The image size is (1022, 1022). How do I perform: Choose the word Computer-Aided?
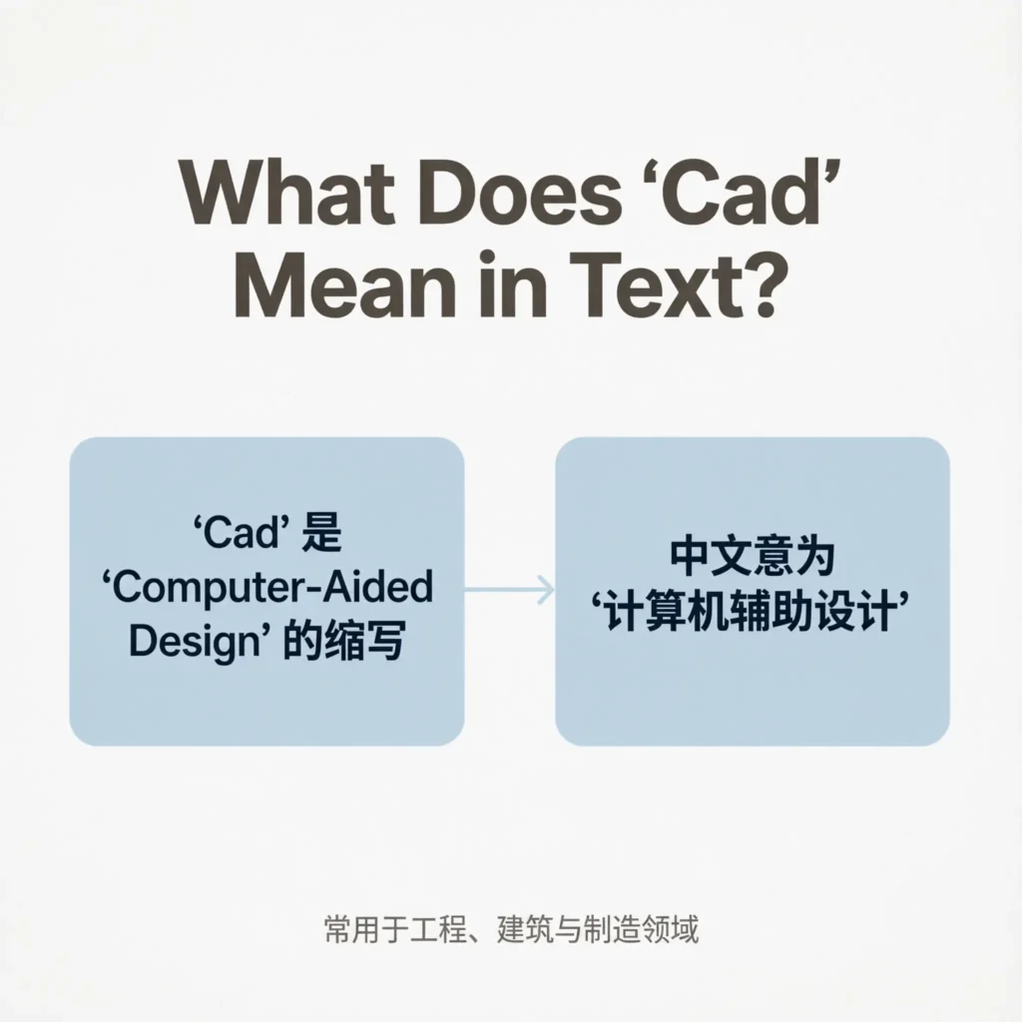(x=268, y=588)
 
